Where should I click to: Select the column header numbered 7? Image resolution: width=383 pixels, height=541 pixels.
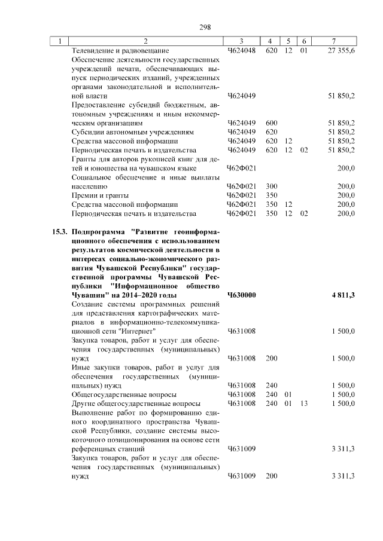tap(333, 41)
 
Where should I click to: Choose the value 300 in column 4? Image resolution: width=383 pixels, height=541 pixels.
tap(271, 186)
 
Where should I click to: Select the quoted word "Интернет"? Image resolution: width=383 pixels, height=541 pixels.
tap(137, 331)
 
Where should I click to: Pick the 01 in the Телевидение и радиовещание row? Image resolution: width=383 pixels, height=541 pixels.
tap(303, 51)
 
